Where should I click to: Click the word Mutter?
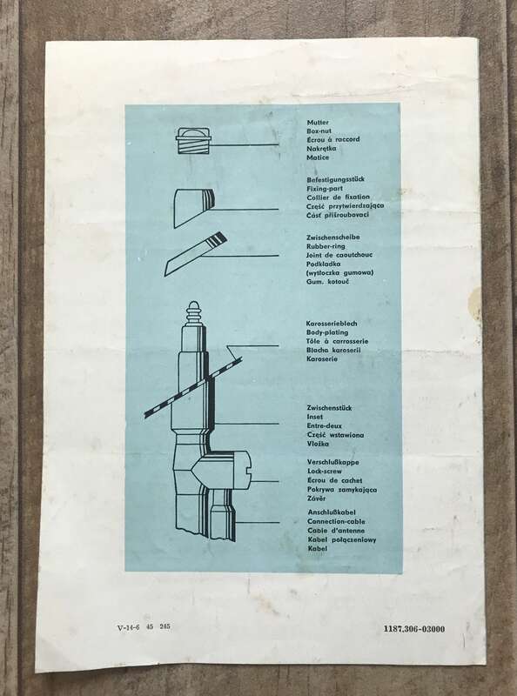(x=318, y=123)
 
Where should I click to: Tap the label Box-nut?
(x=319, y=131)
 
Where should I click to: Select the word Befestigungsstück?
(x=335, y=179)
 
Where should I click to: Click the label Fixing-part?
(x=325, y=188)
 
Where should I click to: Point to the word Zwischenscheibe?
(x=333, y=237)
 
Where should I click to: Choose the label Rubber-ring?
(x=326, y=246)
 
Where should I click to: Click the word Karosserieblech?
(x=332, y=324)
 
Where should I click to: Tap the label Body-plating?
(x=327, y=332)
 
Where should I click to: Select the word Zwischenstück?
(x=329, y=408)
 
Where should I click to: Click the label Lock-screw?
(x=325, y=472)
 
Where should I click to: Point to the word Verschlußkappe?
(x=333, y=462)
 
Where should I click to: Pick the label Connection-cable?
(x=336, y=521)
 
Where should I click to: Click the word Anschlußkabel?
(x=332, y=512)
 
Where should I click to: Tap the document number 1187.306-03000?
(x=414, y=629)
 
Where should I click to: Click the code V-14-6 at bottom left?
(x=128, y=627)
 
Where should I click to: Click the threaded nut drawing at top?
(x=193, y=140)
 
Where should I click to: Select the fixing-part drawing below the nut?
(x=193, y=208)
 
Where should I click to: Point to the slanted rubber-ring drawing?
(x=196, y=254)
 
